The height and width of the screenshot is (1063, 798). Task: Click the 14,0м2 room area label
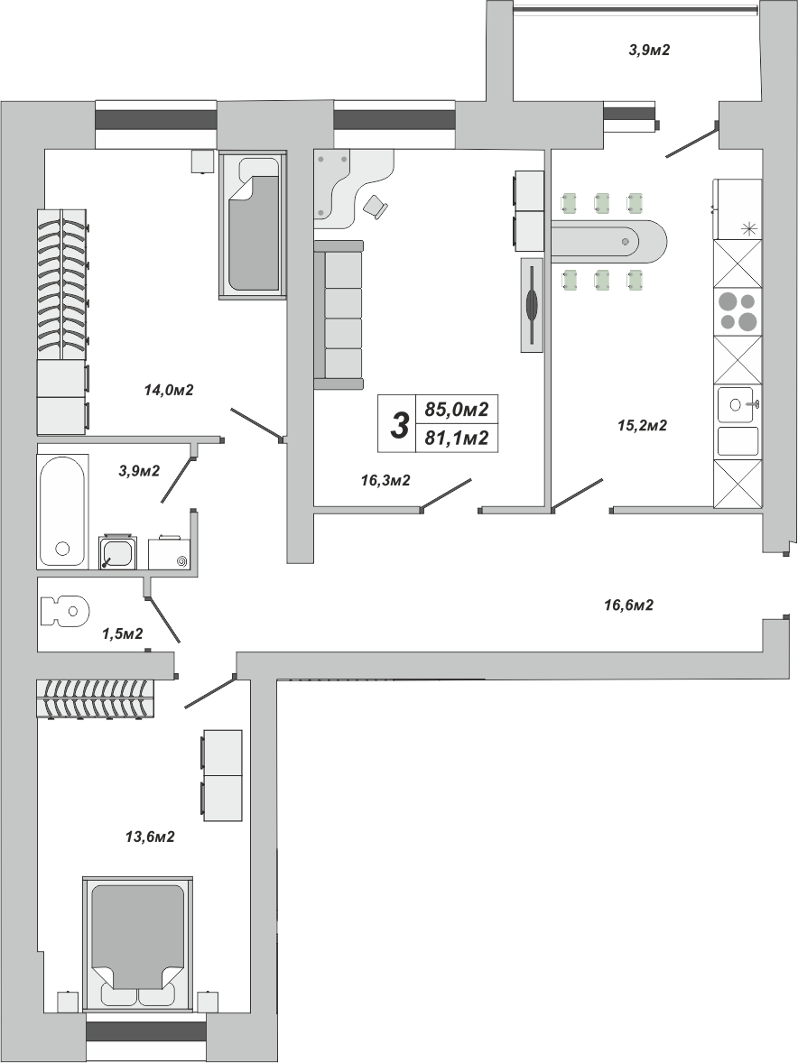point(169,390)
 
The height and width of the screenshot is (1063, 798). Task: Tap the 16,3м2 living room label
point(385,481)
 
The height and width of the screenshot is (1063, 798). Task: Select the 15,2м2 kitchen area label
point(642,426)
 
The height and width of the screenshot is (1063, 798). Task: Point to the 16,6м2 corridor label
point(628,605)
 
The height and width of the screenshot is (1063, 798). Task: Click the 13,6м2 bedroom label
point(151,837)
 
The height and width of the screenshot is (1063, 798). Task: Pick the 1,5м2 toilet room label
point(122,633)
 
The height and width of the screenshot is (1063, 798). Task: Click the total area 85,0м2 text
point(456,410)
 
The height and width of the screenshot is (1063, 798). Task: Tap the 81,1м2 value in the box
point(456,438)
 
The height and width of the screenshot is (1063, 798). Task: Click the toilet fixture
point(65,610)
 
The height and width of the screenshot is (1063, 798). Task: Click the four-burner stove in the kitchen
point(737,311)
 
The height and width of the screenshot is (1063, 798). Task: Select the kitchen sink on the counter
point(738,405)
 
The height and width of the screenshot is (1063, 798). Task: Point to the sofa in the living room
point(339,315)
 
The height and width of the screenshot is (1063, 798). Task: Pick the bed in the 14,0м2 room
point(252,225)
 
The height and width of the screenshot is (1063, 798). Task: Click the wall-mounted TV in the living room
point(533,305)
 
